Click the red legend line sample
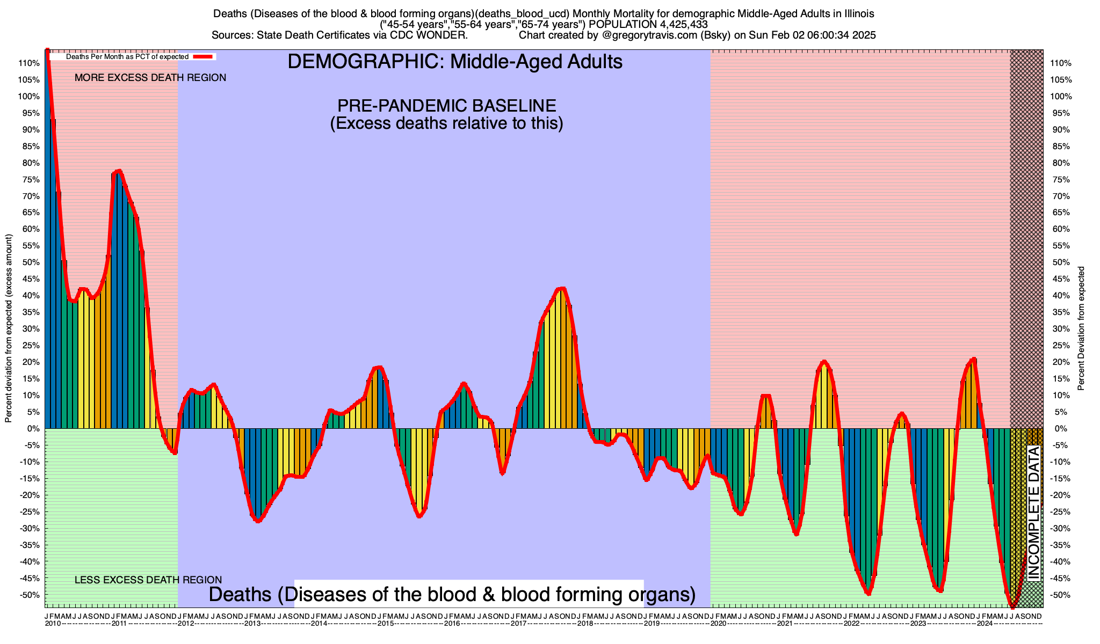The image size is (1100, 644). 204,56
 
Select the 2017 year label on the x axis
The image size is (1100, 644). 518,624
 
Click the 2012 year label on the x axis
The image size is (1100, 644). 186,624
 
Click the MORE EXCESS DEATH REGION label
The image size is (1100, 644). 150,78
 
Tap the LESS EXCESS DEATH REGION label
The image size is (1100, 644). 148,580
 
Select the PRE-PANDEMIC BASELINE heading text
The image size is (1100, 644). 446,105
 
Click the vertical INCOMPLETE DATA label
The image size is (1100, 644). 1034,513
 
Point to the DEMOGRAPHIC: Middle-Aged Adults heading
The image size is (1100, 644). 455,62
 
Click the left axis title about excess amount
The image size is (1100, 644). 9,328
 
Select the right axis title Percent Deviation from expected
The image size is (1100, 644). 1081,328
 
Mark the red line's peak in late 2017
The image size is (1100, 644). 561,289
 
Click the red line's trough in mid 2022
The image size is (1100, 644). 868,593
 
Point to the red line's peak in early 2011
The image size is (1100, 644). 119,171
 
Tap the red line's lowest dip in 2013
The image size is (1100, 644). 258,521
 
